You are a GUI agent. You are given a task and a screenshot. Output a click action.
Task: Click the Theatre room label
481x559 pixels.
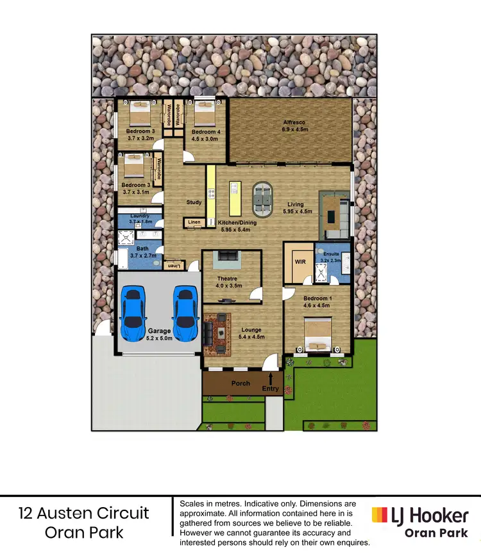pos(227,279)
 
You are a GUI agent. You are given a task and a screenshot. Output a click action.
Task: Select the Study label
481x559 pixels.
pos(194,202)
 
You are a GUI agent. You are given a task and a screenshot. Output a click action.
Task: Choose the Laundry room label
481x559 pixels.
pos(139,216)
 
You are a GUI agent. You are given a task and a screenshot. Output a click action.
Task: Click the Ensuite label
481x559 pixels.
pos(332,254)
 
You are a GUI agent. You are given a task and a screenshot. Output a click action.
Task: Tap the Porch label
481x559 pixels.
pos(240,384)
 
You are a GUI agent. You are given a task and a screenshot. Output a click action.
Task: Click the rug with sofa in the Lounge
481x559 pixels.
pos(219,334)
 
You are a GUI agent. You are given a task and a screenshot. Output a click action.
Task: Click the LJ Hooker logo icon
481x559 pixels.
pos(380,514)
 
